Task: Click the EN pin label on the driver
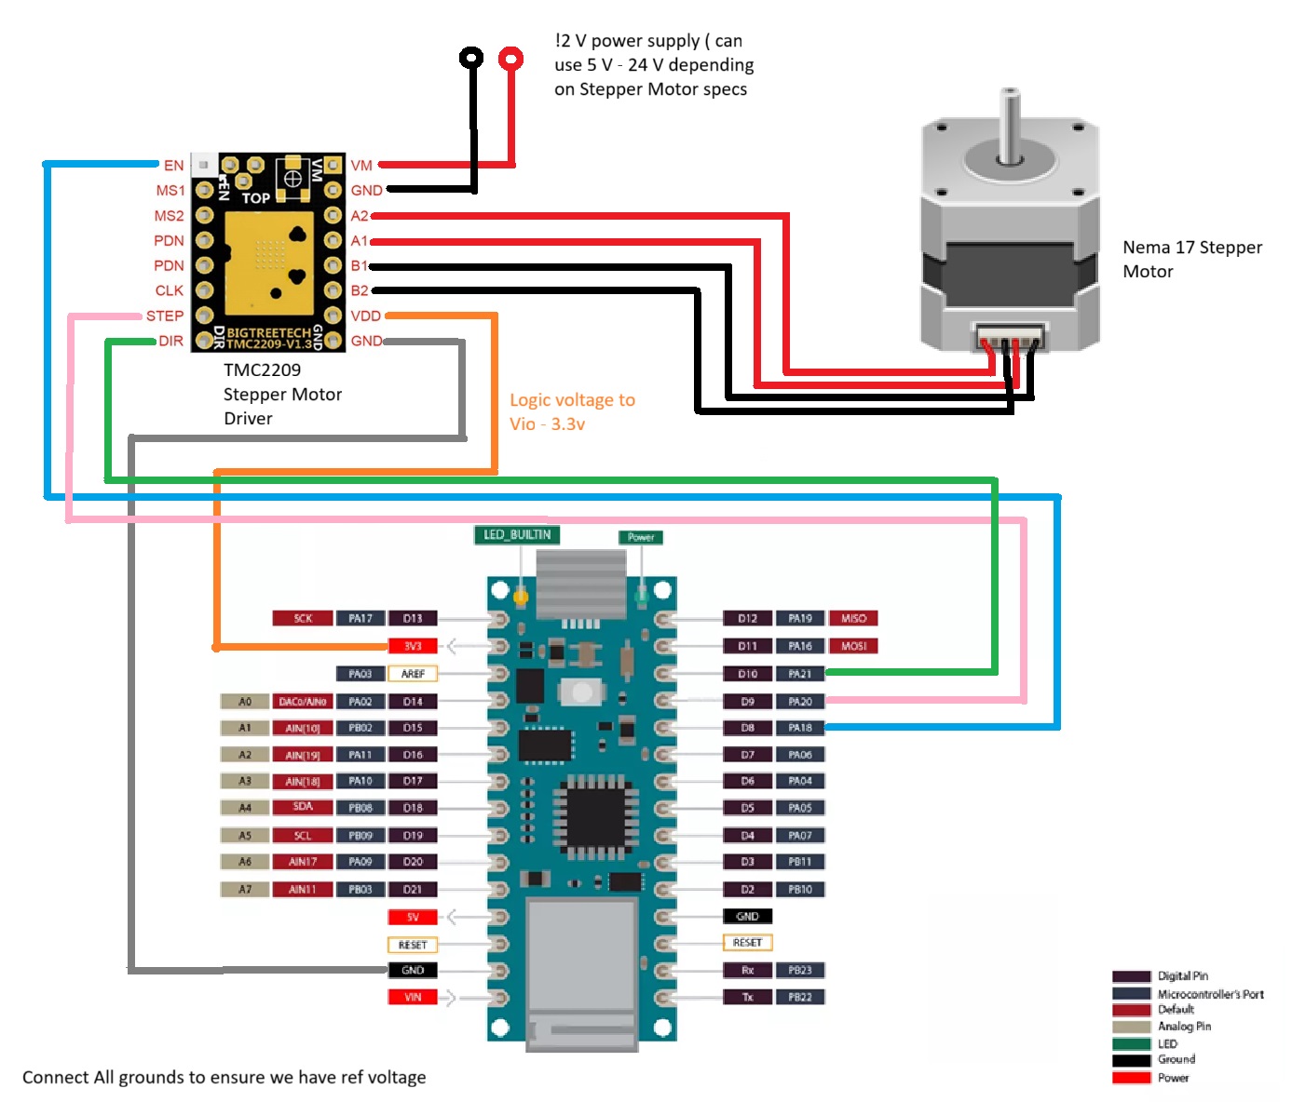173,166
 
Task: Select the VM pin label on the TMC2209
361,166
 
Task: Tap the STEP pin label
165,316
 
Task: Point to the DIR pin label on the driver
170,342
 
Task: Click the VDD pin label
365,316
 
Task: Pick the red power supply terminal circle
510,59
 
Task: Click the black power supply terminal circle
472,59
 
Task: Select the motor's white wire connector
1010,336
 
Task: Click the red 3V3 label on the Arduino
413,646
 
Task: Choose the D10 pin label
748,673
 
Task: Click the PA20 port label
800,701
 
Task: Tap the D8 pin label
748,728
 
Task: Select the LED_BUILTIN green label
517,535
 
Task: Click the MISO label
853,618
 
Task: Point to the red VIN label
413,997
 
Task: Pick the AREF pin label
413,673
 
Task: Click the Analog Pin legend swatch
1131,1027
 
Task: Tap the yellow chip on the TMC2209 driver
268,262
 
